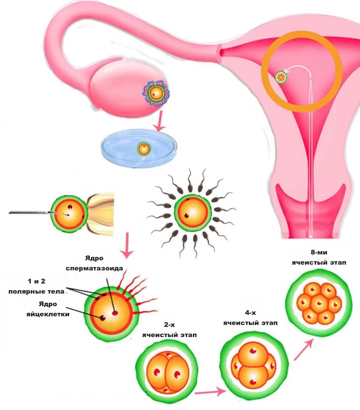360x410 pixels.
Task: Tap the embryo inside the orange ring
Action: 280,77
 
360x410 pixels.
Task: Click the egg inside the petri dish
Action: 144,149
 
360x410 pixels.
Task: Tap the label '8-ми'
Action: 316,252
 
